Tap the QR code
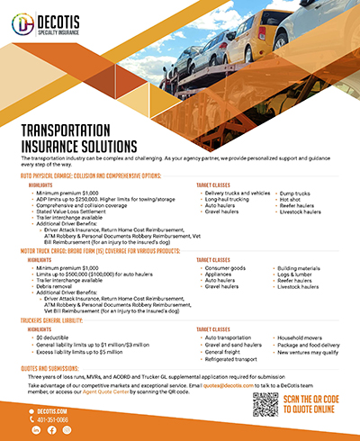click(x=267, y=406)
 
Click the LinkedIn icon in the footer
click(x=37, y=430)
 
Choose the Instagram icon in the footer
click(x=66, y=430)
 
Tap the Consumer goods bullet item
click(x=226, y=268)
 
